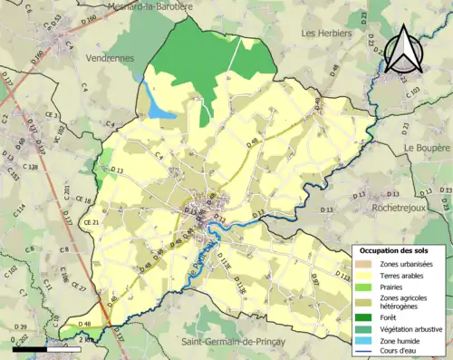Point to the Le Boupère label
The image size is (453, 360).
[x=427, y=147]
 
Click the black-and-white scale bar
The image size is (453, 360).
[x=43, y=348]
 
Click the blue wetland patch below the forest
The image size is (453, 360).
[x=160, y=108]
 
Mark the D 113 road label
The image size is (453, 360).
[x=342, y=274]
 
